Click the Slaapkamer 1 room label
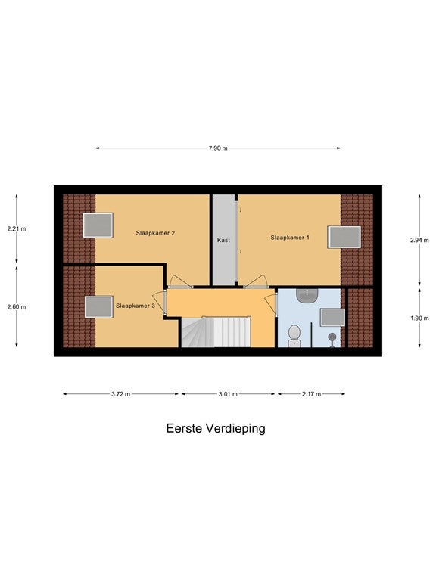tap(290, 238)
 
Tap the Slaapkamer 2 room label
tap(155, 233)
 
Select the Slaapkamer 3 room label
tap(135, 306)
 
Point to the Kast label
tap(223, 240)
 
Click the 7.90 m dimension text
tap(218, 148)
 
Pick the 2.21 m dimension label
tap(17, 229)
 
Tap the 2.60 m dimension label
tap(17, 307)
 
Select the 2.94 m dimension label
tap(419, 240)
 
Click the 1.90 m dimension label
tap(419, 318)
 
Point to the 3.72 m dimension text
tap(120, 394)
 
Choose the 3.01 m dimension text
tap(228, 394)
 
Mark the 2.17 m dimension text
tap(311, 394)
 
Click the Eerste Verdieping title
tap(216, 428)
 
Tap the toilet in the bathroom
tap(294, 336)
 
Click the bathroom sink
tap(307, 295)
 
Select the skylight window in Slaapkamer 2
tap(98, 225)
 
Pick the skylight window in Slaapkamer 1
tap(344, 237)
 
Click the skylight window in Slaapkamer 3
tap(99, 307)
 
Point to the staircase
tap(216, 332)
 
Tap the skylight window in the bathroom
tap(332, 318)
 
